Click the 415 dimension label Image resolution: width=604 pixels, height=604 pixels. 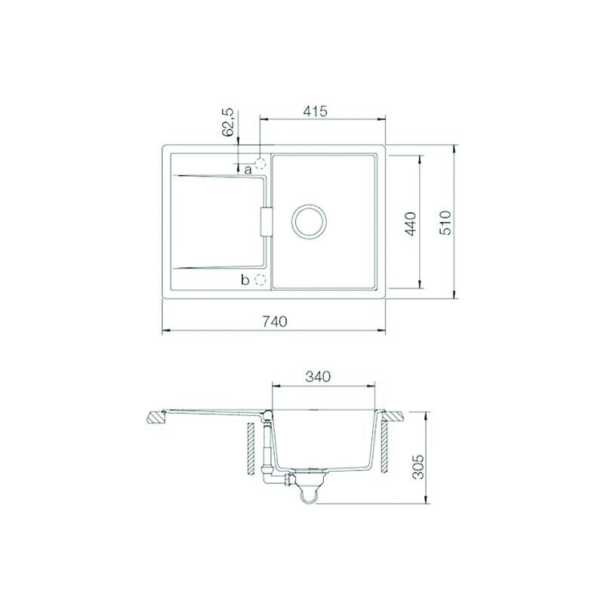pyautogui.click(x=315, y=111)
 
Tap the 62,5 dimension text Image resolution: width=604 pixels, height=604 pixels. pyautogui.click(x=228, y=122)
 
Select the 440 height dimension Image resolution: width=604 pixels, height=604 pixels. pyautogui.click(x=411, y=223)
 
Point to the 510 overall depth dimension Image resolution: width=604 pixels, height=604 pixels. pyautogui.click(x=445, y=223)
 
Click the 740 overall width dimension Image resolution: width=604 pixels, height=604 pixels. pyautogui.click(x=275, y=321)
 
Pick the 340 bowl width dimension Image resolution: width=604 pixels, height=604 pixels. pyautogui.click(x=318, y=376)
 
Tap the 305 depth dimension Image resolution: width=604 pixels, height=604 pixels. pyautogui.click(x=418, y=467)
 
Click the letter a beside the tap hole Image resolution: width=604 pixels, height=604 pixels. pyautogui.click(x=248, y=169)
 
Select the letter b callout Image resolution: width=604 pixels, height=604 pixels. pyautogui.click(x=245, y=279)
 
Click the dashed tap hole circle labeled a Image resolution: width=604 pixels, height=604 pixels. pyautogui.click(x=260, y=164)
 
